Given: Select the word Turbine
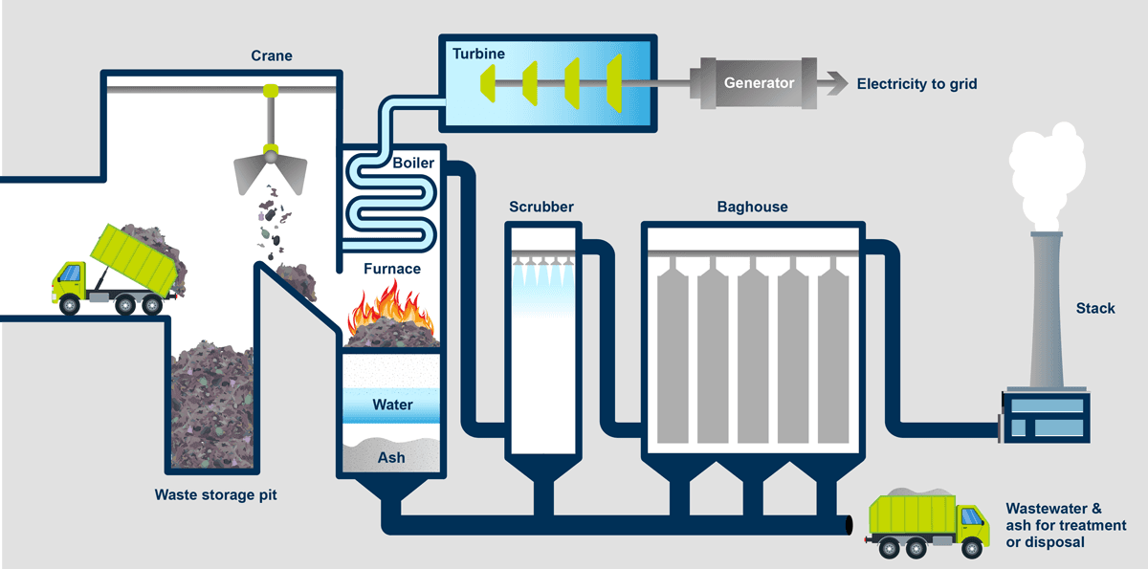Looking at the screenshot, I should point(480,55).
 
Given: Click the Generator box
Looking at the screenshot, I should point(759,83).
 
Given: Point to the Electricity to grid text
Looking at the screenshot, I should point(916,84).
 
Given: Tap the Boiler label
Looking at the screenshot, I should point(413,163).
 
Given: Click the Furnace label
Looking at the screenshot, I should point(392,269).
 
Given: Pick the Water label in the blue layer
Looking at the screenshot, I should point(392,405).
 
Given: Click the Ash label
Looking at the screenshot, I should point(391,457).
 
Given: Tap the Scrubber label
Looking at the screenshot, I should point(541,207).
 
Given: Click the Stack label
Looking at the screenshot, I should point(1095,308).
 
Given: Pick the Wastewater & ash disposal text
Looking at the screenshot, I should point(1066,526).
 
